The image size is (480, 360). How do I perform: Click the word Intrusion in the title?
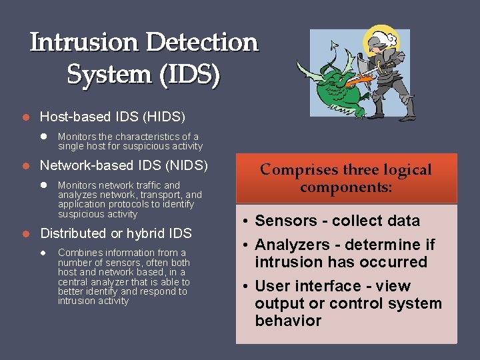click(x=85, y=43)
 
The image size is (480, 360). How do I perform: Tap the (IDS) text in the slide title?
click(x=188, y=75)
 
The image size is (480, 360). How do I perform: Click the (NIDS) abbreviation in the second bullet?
click(x=187, y=165)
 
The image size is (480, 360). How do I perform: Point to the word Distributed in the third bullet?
click(x=73, y=233)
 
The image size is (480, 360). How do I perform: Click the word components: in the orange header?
click(x=346, y=187)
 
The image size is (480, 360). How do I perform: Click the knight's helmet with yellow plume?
click(x=383, y=39)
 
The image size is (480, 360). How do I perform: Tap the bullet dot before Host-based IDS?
click(x=25, y=117)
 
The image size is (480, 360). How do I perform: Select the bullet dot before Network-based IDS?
click(x=25, y=165)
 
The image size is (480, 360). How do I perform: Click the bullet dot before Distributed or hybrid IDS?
click(x=25, y=233)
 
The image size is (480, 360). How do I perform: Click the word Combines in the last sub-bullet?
click(x=80, y=253)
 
